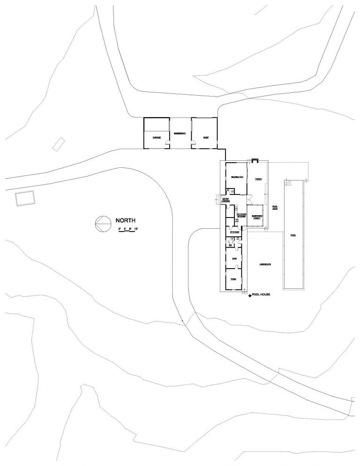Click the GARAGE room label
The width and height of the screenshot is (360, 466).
pos(156,138)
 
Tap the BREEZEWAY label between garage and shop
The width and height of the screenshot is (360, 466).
pos(180,134)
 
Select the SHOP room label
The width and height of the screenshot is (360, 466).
pos(205,138)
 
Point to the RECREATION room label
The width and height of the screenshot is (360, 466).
pos(236,177)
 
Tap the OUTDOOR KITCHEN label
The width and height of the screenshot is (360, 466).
pos(241,215)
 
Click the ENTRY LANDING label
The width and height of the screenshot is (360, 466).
pos(225,200)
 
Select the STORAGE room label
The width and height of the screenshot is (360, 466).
pos(235,232)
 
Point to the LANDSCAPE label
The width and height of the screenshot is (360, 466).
pos(265,264)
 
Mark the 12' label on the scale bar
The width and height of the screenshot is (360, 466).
pos(137,228)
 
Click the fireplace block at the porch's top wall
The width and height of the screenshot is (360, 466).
pos(255,161)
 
